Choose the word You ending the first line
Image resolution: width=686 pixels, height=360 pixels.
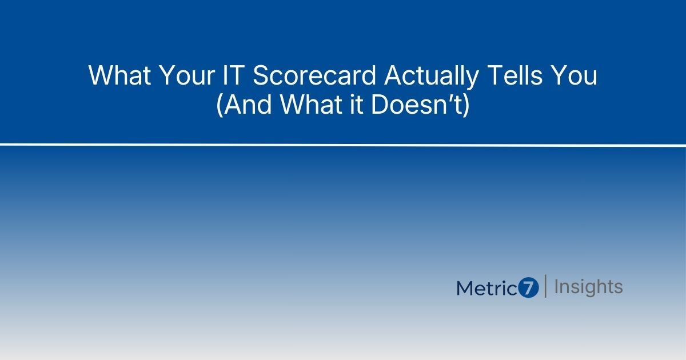coord(574,76)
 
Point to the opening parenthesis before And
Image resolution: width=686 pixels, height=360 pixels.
coord(220,107)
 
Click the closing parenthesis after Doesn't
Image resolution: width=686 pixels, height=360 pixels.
coord(466,107)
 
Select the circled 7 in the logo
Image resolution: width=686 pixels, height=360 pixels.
coord(529,288)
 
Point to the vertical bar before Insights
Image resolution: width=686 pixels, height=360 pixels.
coord(546,286)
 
